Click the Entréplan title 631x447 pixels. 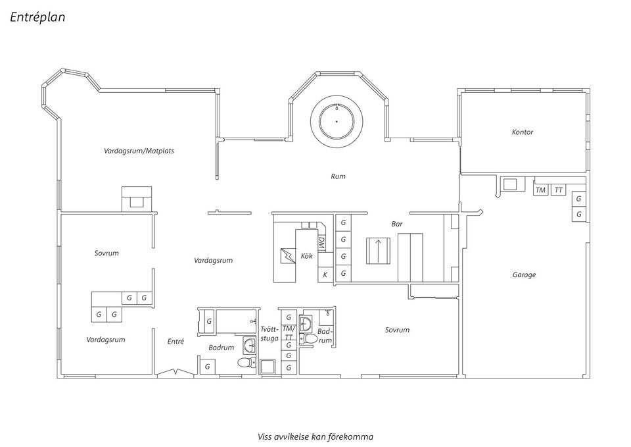(37, 17)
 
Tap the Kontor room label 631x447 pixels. (523, 132)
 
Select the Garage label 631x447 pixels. (524, 275)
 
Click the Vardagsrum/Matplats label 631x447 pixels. (139, 151)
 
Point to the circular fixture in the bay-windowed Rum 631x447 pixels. (337, 120)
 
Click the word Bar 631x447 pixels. (397, 224)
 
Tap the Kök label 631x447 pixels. (307, 256)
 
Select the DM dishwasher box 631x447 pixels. (322, 243)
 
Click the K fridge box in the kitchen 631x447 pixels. (325, 275)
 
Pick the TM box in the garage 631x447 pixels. (540, 190)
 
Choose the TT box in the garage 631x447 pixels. (558, 190)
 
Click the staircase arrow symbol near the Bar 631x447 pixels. (378, 251)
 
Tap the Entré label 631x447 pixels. (175, 342)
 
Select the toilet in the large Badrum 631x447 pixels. (247, 362)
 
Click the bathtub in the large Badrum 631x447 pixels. (237, 322)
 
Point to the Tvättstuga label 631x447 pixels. (269, 334)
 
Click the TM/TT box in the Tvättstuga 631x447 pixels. (289, 333)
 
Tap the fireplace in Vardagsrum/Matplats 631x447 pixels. (137, 199)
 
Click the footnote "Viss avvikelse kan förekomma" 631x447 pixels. (315, 437)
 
